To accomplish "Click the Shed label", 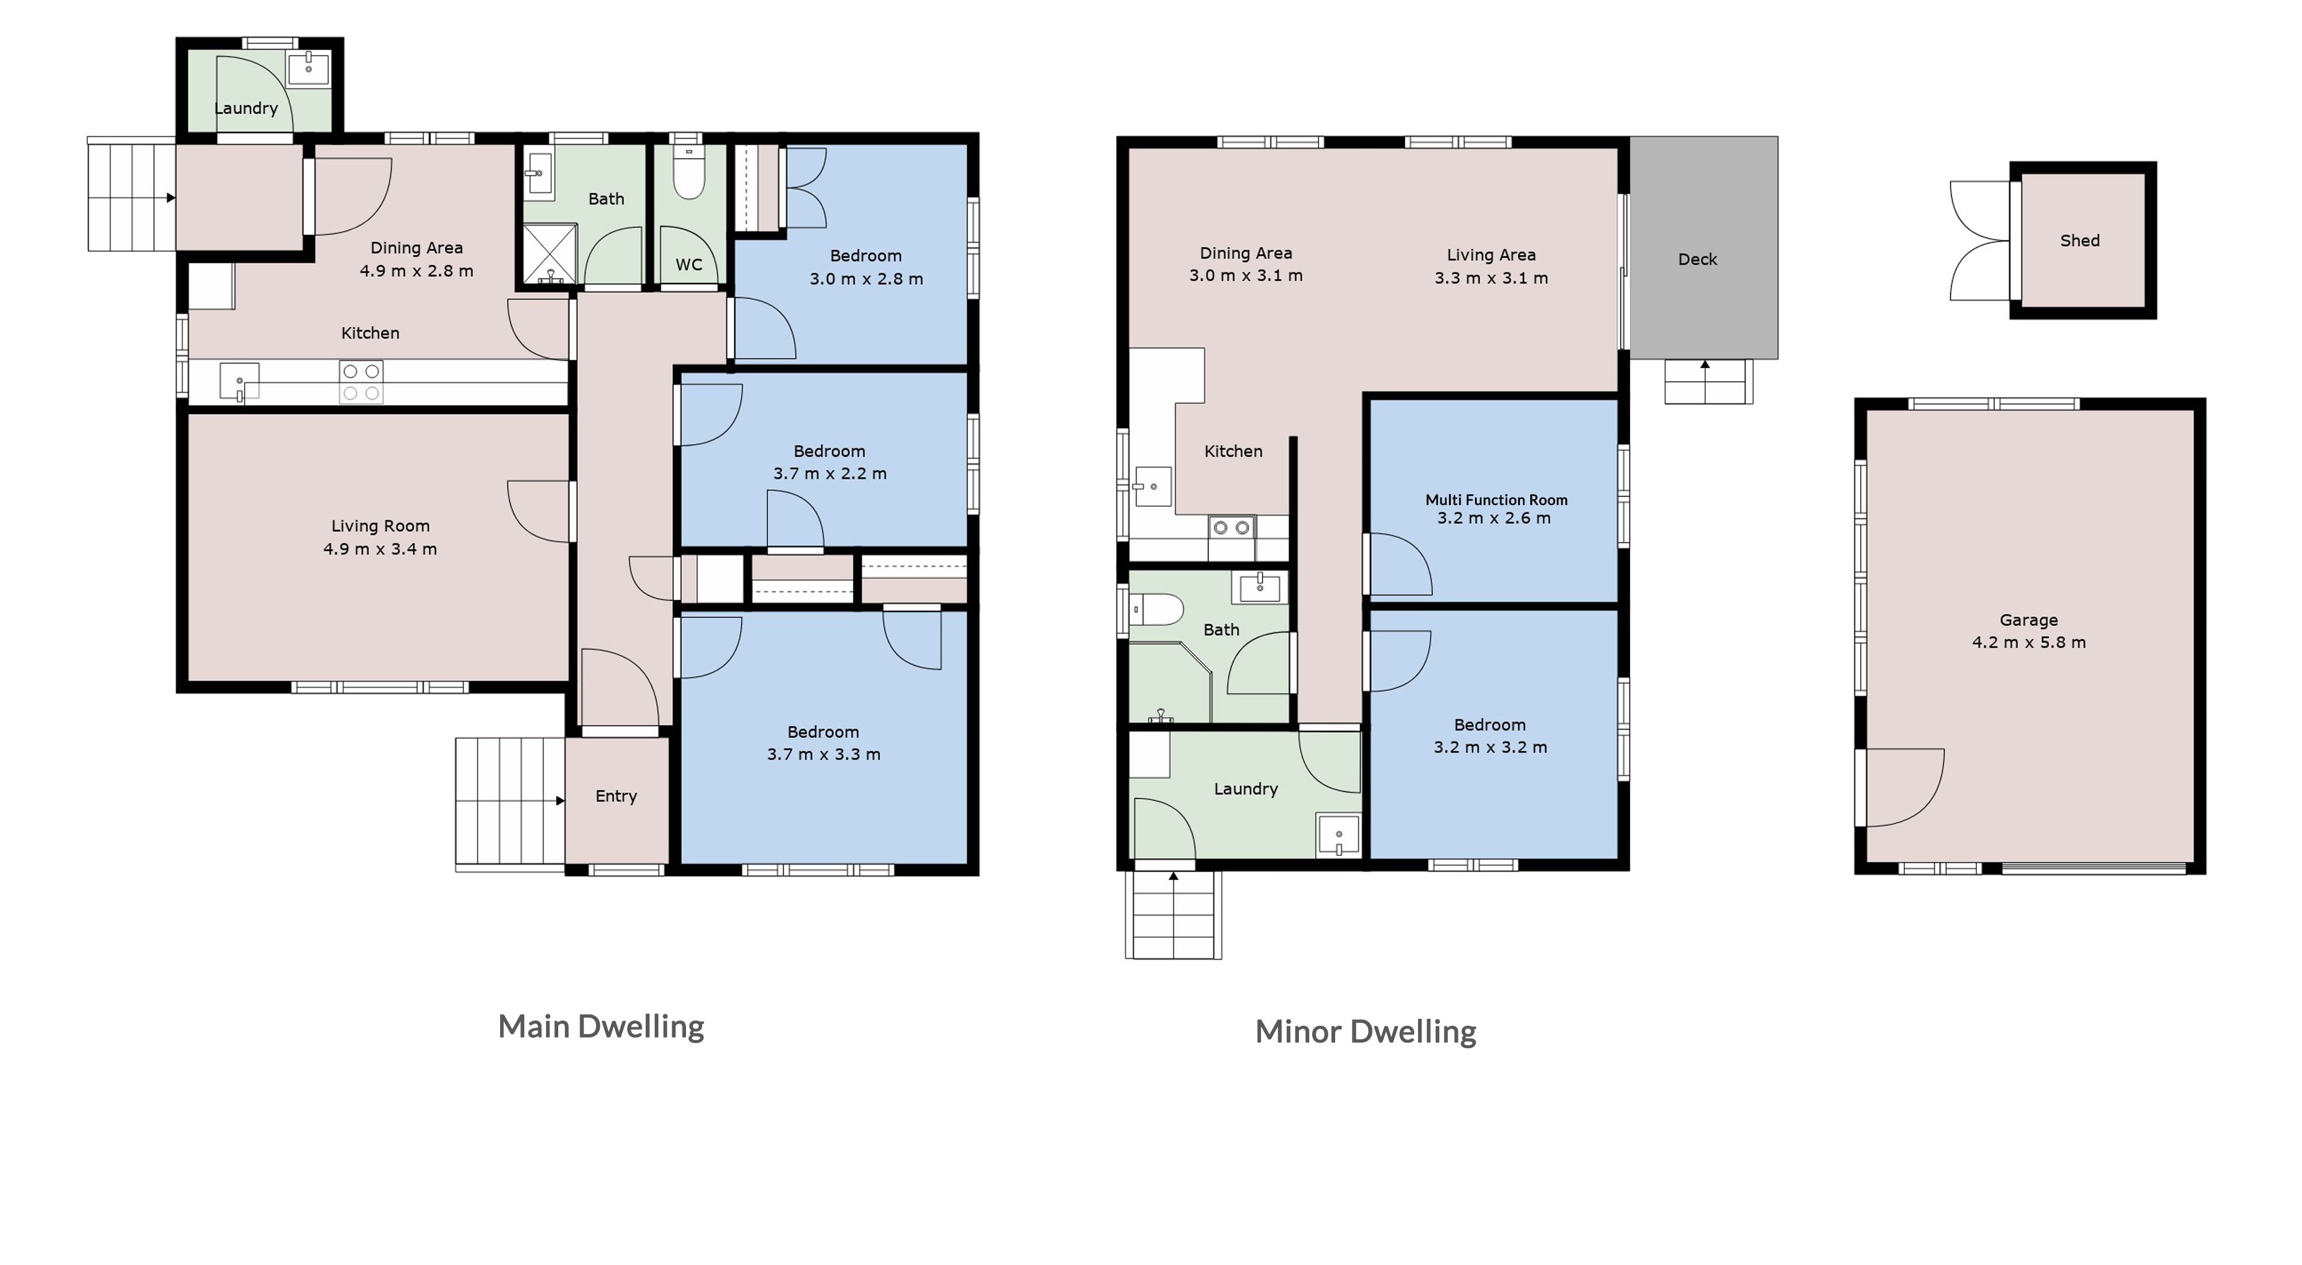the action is click(2079, 240).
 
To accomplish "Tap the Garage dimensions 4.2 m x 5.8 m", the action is click(2029, 643).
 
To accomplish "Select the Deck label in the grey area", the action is click(1697, 259).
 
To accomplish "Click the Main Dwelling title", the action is click(600, 1026).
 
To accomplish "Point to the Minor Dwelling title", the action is click(1366, 1032).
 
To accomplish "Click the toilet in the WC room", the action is click(688, 173).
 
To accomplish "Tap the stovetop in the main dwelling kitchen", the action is click(361, 381).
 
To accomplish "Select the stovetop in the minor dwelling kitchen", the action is click(1232, 528).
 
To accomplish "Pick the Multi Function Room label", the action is click(1496, 500).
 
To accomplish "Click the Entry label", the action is click(616, 796).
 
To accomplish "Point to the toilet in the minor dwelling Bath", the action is click(1157, 610).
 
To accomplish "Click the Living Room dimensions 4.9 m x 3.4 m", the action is click(380, 549).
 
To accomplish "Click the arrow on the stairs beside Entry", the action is click(561, 800).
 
